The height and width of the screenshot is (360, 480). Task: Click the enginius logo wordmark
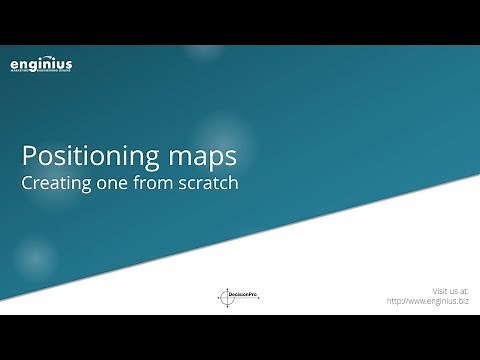click(41, 66)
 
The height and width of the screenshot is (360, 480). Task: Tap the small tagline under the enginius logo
click(41, 75)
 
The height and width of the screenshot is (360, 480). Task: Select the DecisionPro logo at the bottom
click(238, 296)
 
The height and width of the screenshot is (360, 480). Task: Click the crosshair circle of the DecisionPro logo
click(225, 297)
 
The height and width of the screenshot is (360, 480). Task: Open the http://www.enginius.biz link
click(427, 300)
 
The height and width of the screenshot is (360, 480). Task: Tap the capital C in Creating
click(28, 185)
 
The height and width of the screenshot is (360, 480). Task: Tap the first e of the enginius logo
click(14, 67)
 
